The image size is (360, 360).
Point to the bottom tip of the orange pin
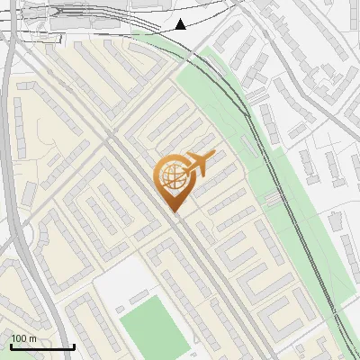click(174, 213)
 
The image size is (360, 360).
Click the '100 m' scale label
click(24, 338)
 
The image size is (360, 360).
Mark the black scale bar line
click(42, 346)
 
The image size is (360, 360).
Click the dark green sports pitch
click(152, 328)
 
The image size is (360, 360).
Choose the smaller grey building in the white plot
click(139, 297)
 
